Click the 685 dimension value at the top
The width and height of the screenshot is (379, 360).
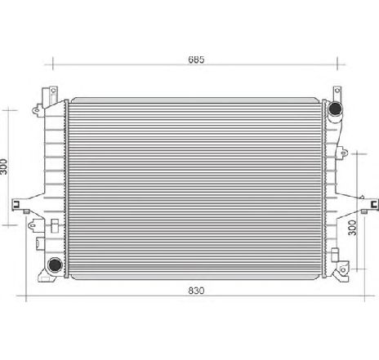(x=194, y=59)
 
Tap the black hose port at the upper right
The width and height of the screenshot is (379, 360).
(x=335, y=109)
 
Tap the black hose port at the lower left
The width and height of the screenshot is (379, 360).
(x=53, y=264)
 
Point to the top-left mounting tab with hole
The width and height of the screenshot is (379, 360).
(x=54, y=91)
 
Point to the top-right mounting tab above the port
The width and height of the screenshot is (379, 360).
(x=335, y=92)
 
